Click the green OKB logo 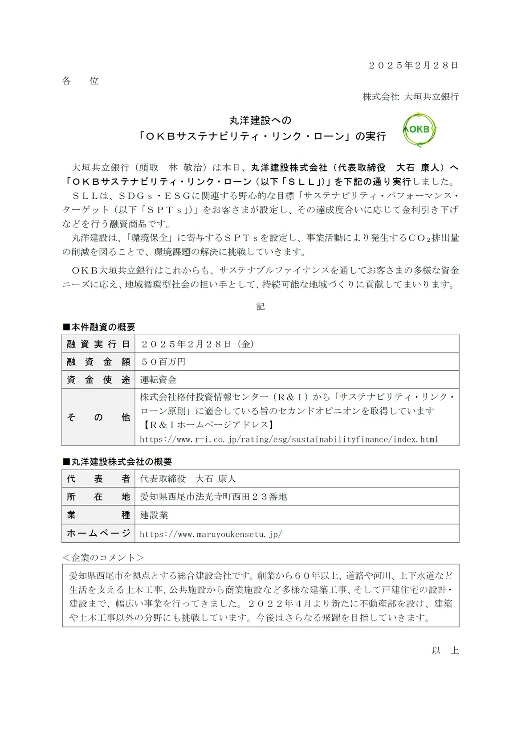419,130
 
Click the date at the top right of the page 413,65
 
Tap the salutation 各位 80,81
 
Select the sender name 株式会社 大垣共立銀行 410,97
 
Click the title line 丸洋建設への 260,120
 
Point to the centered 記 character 260,307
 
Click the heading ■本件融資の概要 99,327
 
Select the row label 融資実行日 98,344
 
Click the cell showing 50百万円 163,362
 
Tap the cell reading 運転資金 158,380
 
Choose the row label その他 98,418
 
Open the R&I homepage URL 289,439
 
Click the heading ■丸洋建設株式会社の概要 117,462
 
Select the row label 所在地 98,497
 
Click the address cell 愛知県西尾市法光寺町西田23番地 213,497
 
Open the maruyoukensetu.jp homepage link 211,534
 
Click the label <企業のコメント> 103,557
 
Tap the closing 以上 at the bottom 445,651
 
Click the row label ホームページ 98,533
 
